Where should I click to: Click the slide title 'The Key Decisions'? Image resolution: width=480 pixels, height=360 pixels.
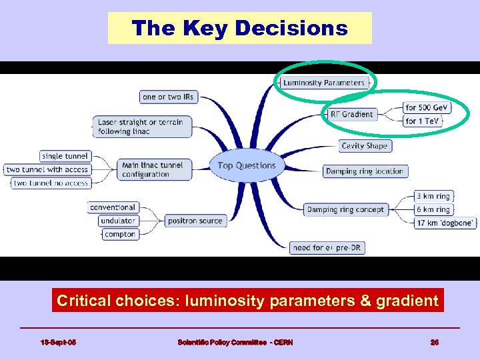pos(239,28)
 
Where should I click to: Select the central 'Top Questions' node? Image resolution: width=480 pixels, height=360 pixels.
pos(247,165)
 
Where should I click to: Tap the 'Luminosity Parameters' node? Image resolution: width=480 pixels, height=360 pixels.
pos(324,83)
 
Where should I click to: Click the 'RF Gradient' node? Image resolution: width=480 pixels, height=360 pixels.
pos(351,114)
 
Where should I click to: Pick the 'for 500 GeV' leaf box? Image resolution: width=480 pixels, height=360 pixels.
pos(427,107)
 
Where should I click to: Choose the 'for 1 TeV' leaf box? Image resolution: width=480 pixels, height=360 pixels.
pos(423,121)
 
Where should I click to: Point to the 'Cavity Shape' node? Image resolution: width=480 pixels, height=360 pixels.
pos(364,145)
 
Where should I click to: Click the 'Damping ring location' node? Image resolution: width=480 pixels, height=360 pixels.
pos(365,171)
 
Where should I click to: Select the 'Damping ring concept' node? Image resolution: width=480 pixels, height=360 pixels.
pos(345,209)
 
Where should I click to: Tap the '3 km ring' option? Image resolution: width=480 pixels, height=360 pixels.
pos(433,196)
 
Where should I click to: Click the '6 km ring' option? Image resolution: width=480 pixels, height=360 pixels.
pos(433,209)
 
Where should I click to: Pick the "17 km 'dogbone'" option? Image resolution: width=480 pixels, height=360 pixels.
pos(445,223)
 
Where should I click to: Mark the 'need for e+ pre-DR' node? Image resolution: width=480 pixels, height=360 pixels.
pos(328,247)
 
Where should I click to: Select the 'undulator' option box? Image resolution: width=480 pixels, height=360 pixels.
pos(118,221)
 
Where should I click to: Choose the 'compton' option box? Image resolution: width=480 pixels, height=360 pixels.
pos(120,234)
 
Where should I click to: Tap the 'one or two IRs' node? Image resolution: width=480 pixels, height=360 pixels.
pos(168,97)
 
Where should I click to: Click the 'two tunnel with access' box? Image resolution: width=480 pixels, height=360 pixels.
pos(47,169)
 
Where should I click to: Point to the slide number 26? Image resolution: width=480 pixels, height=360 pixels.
pos(434,342)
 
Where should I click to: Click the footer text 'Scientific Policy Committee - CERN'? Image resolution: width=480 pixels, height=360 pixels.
pos(235,342)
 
